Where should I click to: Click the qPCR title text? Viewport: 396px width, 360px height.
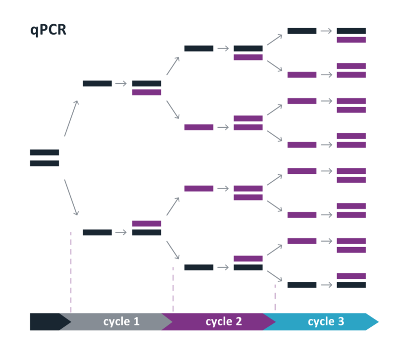(x=48, y=30)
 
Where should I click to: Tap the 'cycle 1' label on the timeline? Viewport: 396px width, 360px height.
(x=121, y=322)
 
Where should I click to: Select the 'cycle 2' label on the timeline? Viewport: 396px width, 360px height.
(x=224, y=322)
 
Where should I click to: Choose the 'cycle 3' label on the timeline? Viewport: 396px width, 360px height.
(x=326, y=322)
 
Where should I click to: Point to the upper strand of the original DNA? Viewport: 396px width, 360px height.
(x=45, y=153)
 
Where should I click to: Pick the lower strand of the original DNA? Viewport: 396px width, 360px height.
(x=45, y=163)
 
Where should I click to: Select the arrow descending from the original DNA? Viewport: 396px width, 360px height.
(x=71, y=198)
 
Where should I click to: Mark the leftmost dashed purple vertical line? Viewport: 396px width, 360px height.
(x=71, y=272)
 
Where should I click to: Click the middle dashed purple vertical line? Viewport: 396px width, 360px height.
(x=173, y=290)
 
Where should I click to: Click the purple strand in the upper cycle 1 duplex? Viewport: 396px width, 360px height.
(x=147, y=92)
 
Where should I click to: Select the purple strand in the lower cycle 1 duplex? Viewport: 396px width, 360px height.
(x=147, y=224)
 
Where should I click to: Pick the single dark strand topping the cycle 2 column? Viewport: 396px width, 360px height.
(x=199, y=49)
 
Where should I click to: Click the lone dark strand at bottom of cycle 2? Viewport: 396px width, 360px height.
(x=199, y=267)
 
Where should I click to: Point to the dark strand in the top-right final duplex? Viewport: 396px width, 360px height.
(x=351, y=31)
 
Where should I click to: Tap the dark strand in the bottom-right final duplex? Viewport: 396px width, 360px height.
(x=351, y=285)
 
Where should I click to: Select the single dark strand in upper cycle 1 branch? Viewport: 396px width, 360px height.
(x=98, y=83)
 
